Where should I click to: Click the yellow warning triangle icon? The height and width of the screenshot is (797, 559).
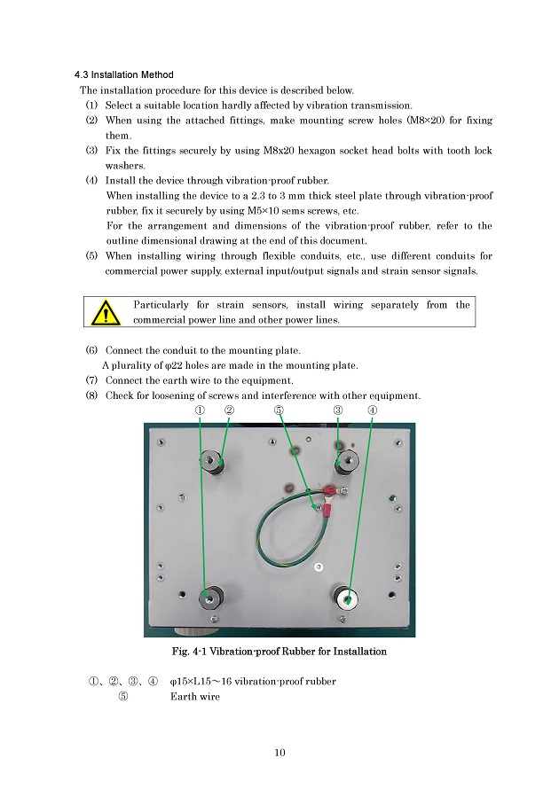106,313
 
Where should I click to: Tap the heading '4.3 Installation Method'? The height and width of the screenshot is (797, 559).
124,74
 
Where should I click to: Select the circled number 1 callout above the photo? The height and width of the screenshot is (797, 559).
201,410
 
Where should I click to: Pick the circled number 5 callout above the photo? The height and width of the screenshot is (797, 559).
279,410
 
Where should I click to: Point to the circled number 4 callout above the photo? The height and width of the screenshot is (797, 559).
373,410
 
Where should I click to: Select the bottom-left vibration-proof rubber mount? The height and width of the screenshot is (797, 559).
210,598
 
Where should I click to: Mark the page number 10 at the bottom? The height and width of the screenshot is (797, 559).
279,753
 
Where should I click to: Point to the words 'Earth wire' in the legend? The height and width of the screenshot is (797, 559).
195,697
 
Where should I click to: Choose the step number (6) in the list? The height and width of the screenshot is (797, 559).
92,351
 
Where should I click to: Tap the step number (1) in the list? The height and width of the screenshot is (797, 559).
92,105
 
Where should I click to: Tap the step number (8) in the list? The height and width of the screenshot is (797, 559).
92,395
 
